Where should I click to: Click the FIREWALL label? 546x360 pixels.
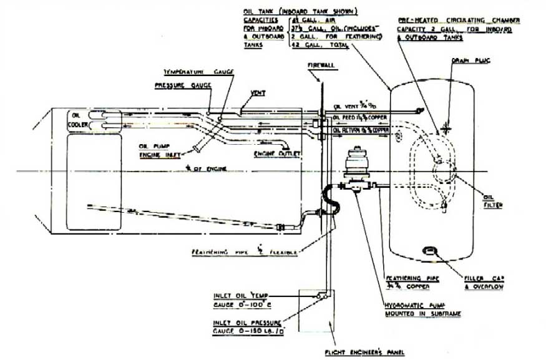point(321,64)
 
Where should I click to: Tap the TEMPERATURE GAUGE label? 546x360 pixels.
point(198,72)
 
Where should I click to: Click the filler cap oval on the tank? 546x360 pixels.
point(430,251)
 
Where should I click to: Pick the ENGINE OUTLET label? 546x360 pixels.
point(276,153)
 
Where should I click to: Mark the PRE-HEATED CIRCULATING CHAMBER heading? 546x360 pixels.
point(459,21)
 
